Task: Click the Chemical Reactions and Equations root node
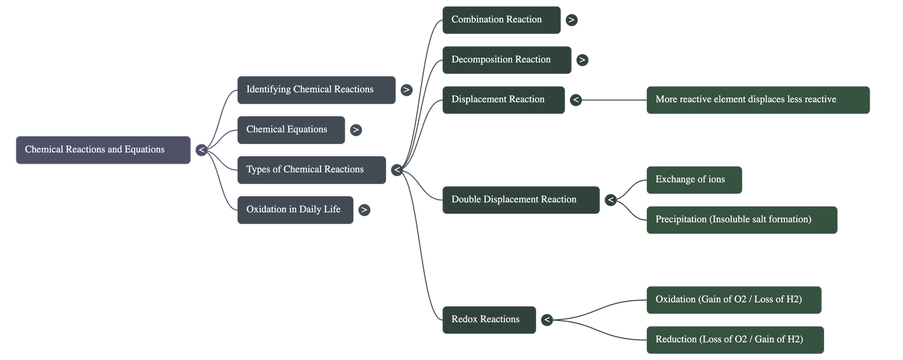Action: coord(103,150)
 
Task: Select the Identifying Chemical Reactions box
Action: coord(316,90)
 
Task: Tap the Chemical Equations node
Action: coord(291,130)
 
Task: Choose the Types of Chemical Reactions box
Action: coord(311,169)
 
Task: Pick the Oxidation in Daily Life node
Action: coord(295,209)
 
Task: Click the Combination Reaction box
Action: coord(501,20)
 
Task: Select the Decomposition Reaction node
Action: coord(506,60)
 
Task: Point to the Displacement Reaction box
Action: coord(503,99)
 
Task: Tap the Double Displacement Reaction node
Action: coord(520,199)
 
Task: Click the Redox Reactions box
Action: coord(489,319)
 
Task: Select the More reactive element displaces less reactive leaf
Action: coord(757,100)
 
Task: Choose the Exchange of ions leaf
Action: coord(694,179)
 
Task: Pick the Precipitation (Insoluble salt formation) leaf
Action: coord(741,219)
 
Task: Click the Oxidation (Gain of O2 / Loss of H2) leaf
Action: coord(733,299)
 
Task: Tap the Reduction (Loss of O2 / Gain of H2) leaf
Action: coord(735,339)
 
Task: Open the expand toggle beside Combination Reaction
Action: coord(572,20)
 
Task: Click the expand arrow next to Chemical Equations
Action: coord(355,130)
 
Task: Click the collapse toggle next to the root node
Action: coord(201,150)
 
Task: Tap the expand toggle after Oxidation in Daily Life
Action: coord(364,210)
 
